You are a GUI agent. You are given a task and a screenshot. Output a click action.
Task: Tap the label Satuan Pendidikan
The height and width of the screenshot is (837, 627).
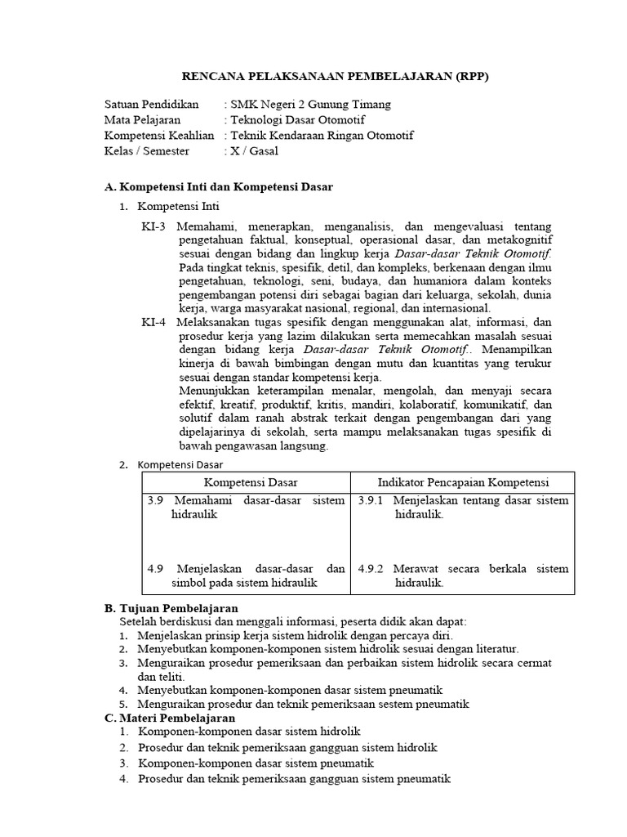152,105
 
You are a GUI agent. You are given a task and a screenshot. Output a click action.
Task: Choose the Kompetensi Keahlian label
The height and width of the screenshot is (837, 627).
160,136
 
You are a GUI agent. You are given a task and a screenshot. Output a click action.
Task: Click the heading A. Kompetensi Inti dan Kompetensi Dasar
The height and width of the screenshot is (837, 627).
219,187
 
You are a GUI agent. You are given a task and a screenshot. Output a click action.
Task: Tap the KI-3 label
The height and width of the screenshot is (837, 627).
153,226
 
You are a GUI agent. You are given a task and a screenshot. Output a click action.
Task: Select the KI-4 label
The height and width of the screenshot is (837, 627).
153,322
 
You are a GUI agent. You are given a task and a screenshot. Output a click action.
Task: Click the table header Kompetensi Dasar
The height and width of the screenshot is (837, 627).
246,482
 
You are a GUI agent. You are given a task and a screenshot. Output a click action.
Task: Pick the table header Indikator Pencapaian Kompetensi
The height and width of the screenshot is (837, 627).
463,482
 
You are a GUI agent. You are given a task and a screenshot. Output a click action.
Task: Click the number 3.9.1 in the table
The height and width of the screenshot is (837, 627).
371,500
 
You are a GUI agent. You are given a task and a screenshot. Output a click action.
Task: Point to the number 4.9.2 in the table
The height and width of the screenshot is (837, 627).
371,568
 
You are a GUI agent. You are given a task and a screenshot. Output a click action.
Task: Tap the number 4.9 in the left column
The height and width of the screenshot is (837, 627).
156,568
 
